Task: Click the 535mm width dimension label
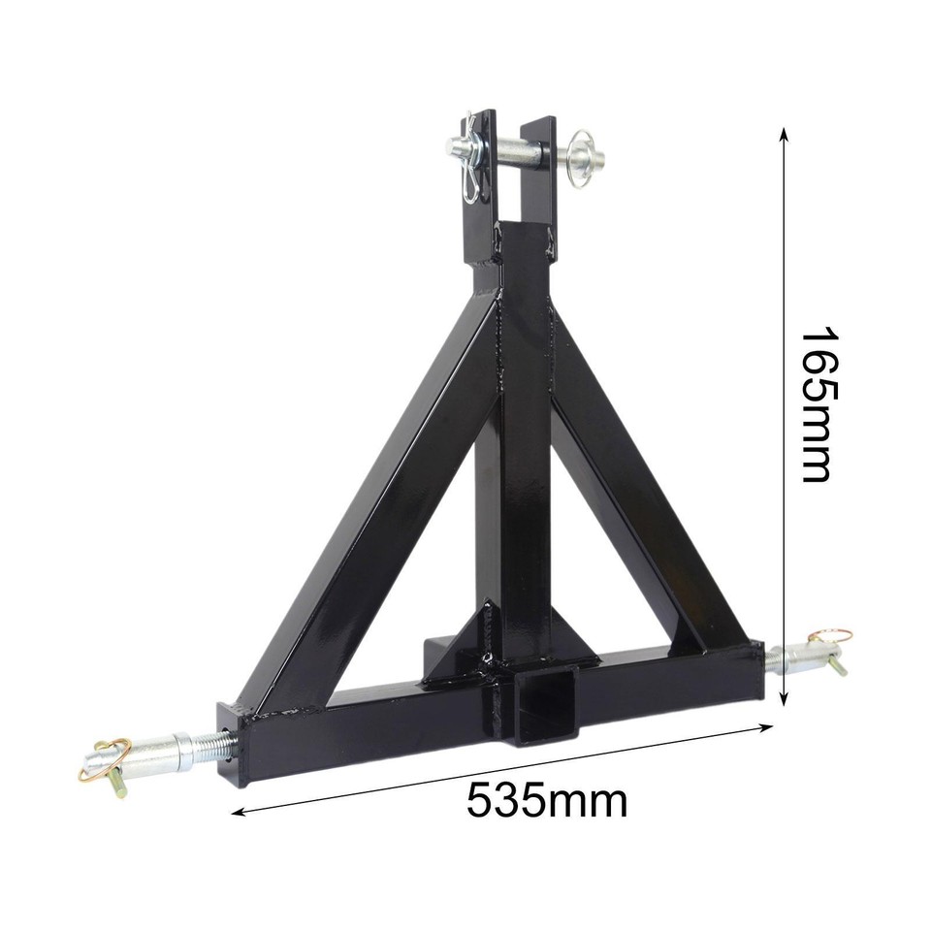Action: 546,801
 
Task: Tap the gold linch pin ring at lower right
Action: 832,640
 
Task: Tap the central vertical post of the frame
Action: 524,436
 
